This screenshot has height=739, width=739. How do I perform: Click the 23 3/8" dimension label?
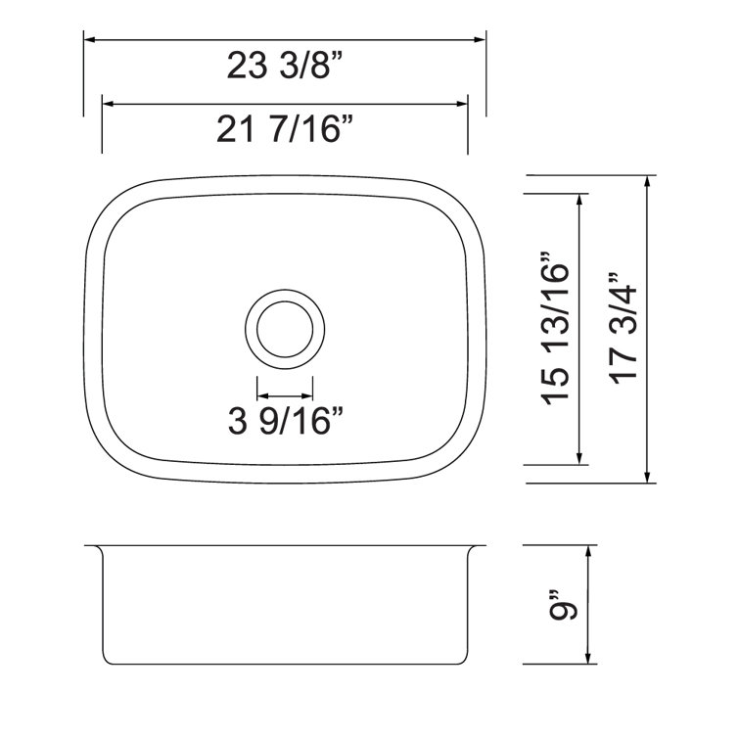pos(284,65)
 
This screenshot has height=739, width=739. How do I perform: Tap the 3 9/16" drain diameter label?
pos(285,421)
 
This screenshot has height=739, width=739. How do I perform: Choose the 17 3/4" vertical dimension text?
pos(624,329)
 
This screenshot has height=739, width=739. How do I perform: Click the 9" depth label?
pos(563,604)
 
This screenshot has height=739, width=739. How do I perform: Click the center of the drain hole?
pos(285,329)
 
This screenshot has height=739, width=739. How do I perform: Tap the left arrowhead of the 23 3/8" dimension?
pos(89,40)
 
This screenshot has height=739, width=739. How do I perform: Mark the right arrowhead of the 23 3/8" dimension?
pos(480,40)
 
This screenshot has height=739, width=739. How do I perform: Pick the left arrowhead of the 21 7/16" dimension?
pos(108,104)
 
